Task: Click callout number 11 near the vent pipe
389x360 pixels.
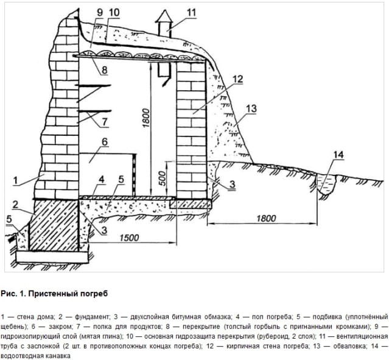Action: pos(191,13)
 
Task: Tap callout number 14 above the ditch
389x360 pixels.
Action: pos(338,155)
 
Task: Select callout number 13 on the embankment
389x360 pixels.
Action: pos(251,109)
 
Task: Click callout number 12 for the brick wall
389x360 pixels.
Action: pos(237,79)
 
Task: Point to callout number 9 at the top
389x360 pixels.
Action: pos(100,13)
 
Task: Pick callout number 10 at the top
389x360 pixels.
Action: pos(114,12)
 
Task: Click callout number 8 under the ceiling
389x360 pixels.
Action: pos(105,70)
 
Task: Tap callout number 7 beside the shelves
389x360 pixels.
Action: pos(104,122)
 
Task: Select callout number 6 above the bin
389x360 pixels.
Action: pos(105,142)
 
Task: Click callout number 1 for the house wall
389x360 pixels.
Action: pos(15,180)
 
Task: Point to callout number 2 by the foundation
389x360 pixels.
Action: pos(15,205)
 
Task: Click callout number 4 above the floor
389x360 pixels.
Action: pos(102,180)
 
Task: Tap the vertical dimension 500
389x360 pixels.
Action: pos(162,178)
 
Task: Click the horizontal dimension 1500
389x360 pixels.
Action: pos(129,238)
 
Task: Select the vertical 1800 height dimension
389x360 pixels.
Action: pos(146,118)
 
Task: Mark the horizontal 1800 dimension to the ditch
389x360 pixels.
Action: pos(266,219)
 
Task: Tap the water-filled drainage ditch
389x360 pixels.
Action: pos(326,184)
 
